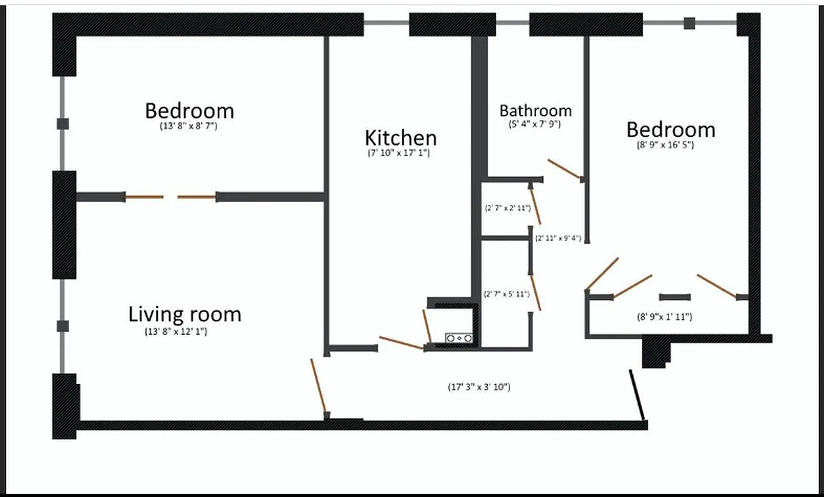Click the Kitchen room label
click(400, 137)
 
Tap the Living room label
click(185, 314)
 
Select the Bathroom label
click(535, 111)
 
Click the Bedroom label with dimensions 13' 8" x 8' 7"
click(189, 111)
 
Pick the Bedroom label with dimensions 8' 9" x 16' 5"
click(670, 130)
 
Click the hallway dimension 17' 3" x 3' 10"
click(479, 387)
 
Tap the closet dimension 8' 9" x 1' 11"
click(665, 317)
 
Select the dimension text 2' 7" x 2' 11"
click(507, 209)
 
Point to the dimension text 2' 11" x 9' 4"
click(558, 238)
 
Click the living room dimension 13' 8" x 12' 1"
click(176, 332)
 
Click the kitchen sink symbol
click(459, 338)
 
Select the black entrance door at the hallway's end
click(638, 394)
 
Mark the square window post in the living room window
click(62, 326)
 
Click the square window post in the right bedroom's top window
click(689, 24)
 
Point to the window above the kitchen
click(386, 24)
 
